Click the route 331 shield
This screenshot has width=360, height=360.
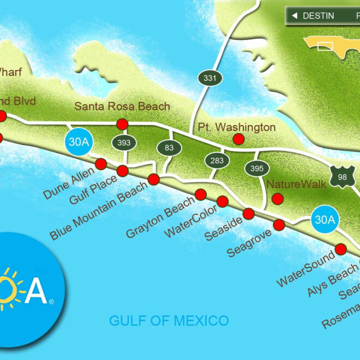[x=209, y=78]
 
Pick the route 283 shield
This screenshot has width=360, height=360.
[x=213, y=160]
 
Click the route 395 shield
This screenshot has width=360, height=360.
[x=256, y=169]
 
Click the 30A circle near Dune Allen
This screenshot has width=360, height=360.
[x=77, y=142]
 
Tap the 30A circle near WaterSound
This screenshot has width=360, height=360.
[x=326, y=220]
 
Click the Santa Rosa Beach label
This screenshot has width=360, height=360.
[x=122, y=107]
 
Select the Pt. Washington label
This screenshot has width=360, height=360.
[x=237, y=127]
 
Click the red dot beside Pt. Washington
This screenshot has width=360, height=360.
[x=238, y=139]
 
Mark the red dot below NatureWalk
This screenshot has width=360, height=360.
[x=278, y=199]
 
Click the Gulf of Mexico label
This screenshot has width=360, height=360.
[x=169, y=320]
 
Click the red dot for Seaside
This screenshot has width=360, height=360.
[x=249, y=213]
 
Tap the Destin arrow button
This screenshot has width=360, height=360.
[x=312, y=15]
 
